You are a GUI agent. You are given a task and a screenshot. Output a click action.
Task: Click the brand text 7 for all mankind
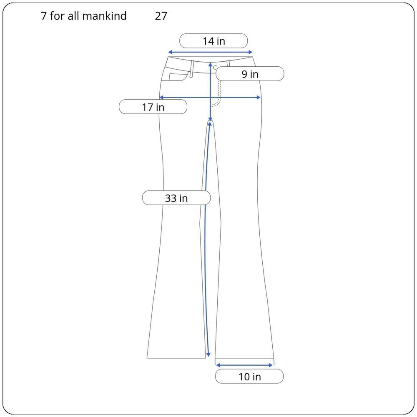pyautogui.click(x=83, y=16)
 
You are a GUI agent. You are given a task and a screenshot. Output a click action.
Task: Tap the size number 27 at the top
pyautogui.click(x=161, y=16)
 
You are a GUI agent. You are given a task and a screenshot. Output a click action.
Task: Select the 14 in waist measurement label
pyautogui.click(x=214, y=41)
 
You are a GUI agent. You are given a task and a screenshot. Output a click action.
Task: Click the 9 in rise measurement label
pyautogui.click(x=250, y=74)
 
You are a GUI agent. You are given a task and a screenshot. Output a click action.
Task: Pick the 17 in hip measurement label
pyautogui.click(x=153, y=107)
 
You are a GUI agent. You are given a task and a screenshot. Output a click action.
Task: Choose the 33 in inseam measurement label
pyautogui.click(x=176, y=198)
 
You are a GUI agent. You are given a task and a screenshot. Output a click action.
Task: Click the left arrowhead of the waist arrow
pyautogui.click(x=170, y=52)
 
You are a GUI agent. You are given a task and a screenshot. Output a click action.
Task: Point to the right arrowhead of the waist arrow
pyautogui.click(x=250, y=52)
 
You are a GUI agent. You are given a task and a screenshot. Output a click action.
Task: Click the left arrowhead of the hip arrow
pyautogui.click(x=161, y=97)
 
